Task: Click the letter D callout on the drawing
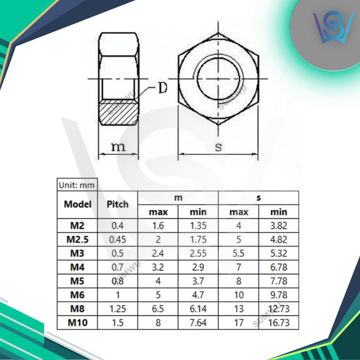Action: click(163, 88)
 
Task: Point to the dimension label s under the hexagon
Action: click(218, 147)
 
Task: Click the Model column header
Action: click(78, 204)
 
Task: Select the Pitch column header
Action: click(117, 204)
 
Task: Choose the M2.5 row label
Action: click(78, 239)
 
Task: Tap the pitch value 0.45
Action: click(117, 239)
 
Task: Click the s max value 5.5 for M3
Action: click(239, 253)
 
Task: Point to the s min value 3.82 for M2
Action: click(279, 225)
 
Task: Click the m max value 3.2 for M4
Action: click(158, 266)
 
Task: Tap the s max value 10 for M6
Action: click(239, 294)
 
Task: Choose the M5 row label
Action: click(78, 280)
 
